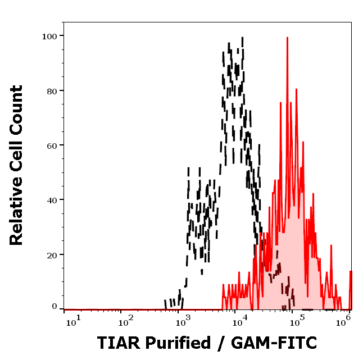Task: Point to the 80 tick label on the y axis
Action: [51, 90]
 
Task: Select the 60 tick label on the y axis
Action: [51, 145]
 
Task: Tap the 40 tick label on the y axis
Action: [51, 200]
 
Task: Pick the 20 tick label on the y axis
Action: [51, 254]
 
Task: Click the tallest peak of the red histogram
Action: [287, 38]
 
